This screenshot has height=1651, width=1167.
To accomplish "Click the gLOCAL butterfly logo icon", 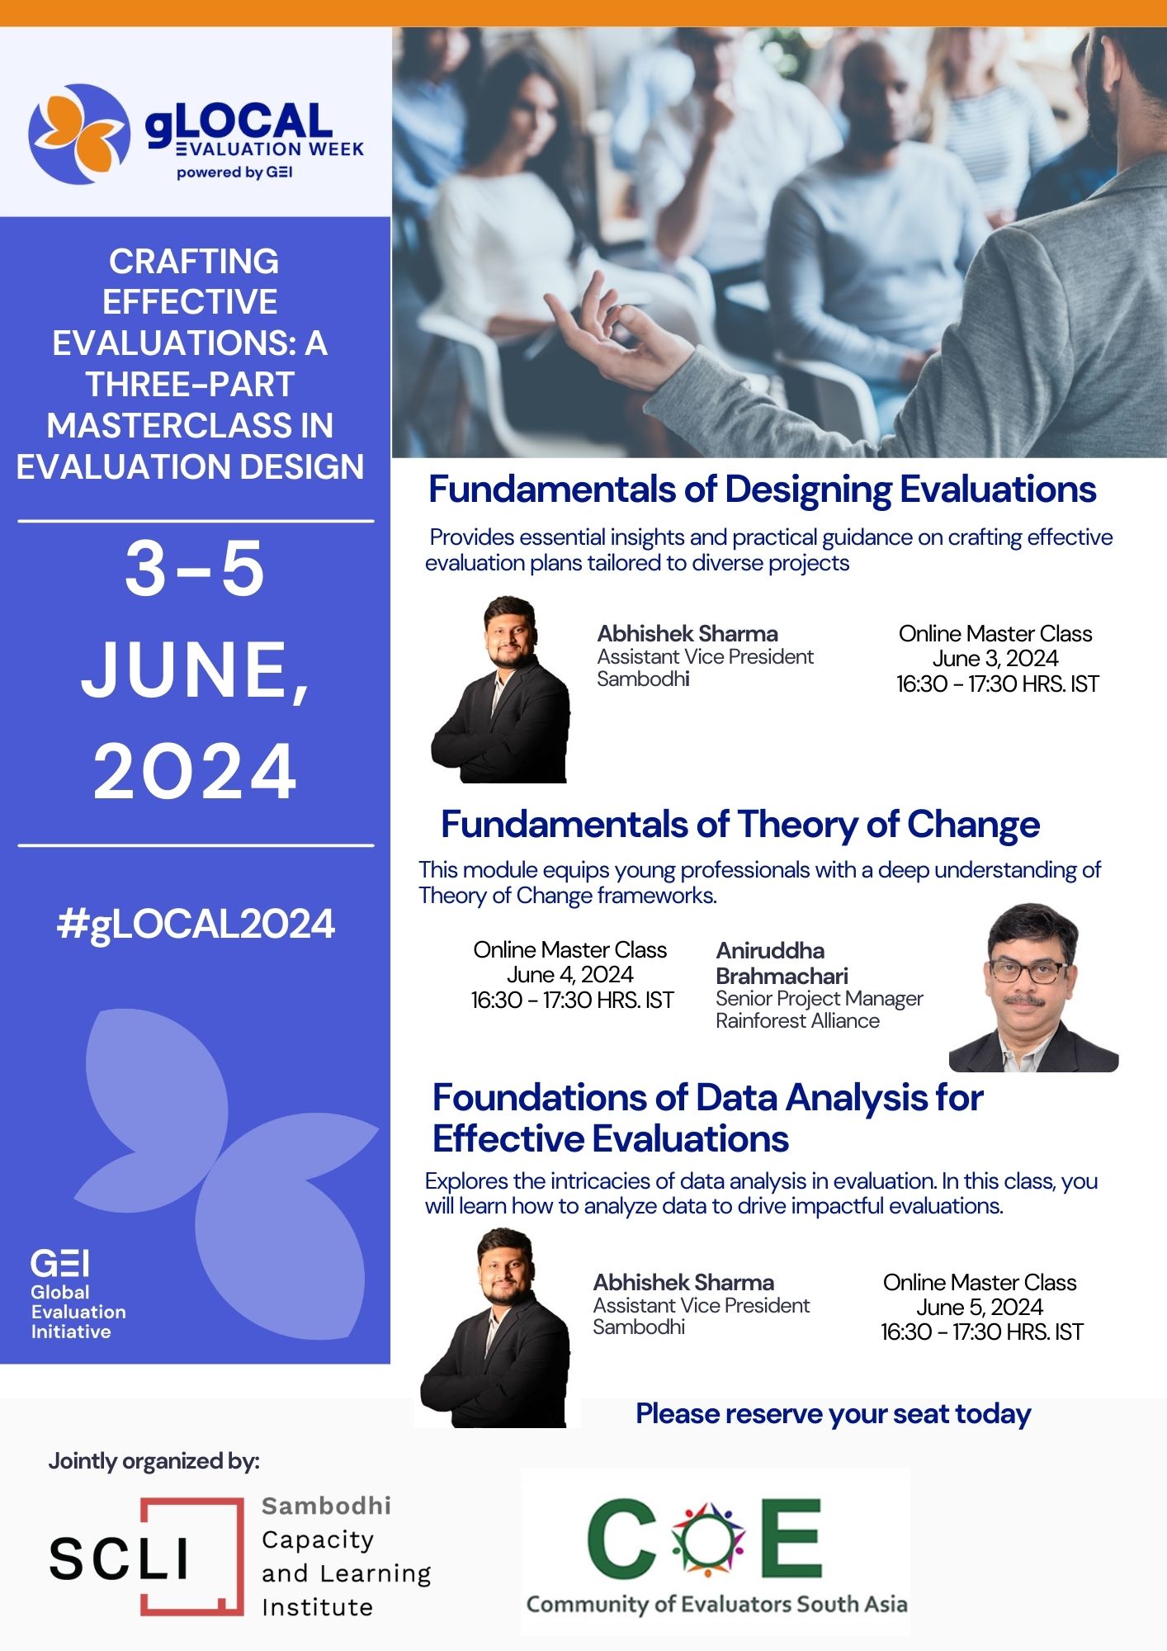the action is [79, 134].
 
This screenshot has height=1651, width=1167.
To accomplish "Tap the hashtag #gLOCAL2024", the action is [196, 924].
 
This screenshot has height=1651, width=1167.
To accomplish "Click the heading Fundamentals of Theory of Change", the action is [740, 825].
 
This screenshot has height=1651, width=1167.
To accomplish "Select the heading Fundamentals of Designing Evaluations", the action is [762, 490].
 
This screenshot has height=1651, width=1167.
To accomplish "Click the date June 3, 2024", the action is [995, 659].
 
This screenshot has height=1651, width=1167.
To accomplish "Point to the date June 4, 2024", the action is [570, 975].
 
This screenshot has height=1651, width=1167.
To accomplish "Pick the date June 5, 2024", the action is [980, 1308].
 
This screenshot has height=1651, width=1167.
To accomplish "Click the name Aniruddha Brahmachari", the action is [782, 963].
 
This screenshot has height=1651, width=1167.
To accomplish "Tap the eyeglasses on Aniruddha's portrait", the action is [1028, 970].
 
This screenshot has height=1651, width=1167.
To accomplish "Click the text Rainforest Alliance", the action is [797, 1021].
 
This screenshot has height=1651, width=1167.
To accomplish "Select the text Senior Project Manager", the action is [820, 999].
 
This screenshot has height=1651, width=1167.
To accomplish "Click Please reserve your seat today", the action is [834, 1414].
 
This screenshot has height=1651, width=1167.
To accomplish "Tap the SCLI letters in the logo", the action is [120, 1558].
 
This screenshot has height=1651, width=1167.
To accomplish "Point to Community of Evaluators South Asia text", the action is [716, 1604].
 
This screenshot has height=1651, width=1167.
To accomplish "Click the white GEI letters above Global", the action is [59, 1263].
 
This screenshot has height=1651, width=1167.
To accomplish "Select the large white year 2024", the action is [195, 771].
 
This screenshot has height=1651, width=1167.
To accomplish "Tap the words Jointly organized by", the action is [154, 1461].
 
